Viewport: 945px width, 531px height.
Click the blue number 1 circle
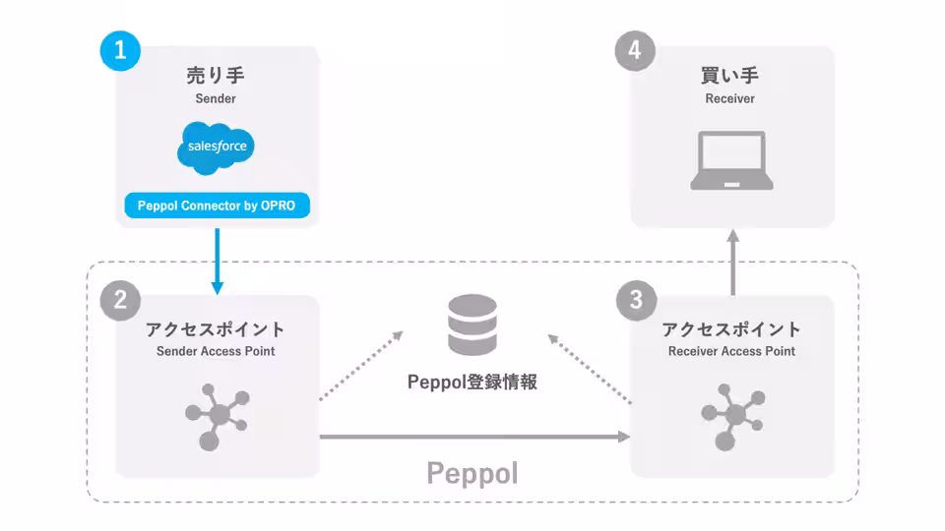pyautogui.click(x=120, y=50)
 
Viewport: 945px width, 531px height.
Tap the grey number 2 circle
pyautogui.click(x=120, y=300)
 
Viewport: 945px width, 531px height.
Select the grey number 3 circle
pyautogui.click(x=637, y=300)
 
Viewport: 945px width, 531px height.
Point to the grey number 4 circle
pyautogui.click(x=635, y=50)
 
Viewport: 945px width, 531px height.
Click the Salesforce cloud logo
pyautogui.click(x=216, y=147)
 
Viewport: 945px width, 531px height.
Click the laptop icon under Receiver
pyautogui.click(x=731, y=160)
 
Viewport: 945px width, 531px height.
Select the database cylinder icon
pyautogui.click(x=472, y=324)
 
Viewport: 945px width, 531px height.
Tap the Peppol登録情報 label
pyautogui.click(x=472, y=382)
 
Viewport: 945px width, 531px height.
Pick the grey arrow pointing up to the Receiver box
pyautogui.click(x=732, y=262)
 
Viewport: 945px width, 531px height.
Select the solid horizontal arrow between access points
pyautogui.click(x=474, y=437)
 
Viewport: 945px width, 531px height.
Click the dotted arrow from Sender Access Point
pyautogui.click(x=361, y=366)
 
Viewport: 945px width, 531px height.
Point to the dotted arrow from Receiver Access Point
pyautogui.click(x=590, y=369)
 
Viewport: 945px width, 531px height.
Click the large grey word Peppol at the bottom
pyautogui.click(x=472, y=473)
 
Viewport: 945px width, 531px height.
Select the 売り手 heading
pyautogui.click(x=216, y=76)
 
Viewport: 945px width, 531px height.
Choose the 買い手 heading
pyautogui.click(x=729, y=76)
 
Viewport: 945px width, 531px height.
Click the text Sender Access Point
pyautogui.click(x=216, y=351)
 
